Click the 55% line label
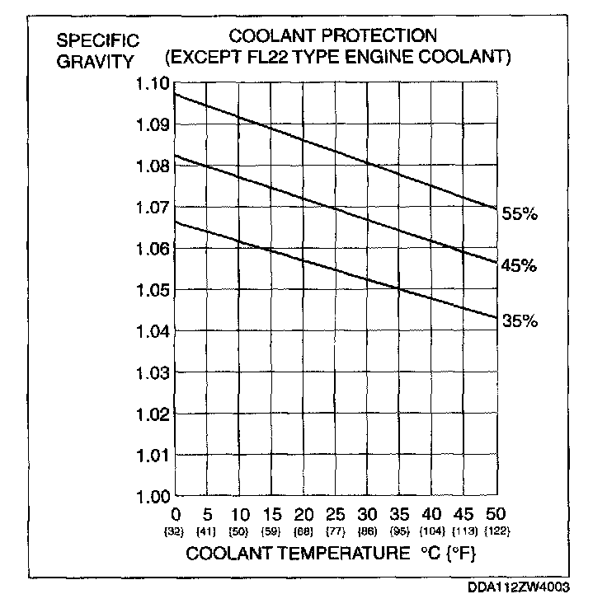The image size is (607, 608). click(x=520, y=214)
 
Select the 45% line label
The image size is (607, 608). click(x=520, y=266)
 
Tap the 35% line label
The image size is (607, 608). click(x=520, y=321)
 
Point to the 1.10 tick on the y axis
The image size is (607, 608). click(x=153, y=84)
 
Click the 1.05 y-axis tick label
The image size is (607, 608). click(x=153, y=290)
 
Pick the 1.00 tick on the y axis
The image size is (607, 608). click(x=153, y=497)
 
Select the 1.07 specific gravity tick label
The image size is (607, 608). click(x=153, y=208)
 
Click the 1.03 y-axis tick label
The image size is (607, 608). click(x=153, y=373)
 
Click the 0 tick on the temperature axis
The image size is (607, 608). click(x=176, y=512)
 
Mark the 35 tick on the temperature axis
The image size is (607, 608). click(x=399, y=512)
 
